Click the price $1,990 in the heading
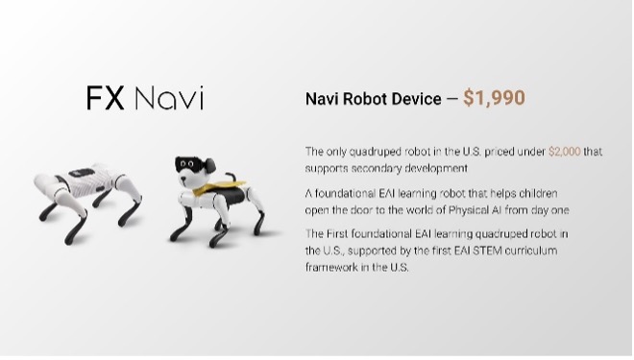coord(494,98)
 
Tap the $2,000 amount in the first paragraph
coord(565,152)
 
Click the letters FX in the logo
coord(105,98)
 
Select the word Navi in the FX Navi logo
coord(169,98)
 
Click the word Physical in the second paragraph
coord(468,210)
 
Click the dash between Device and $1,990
coord(452,100)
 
